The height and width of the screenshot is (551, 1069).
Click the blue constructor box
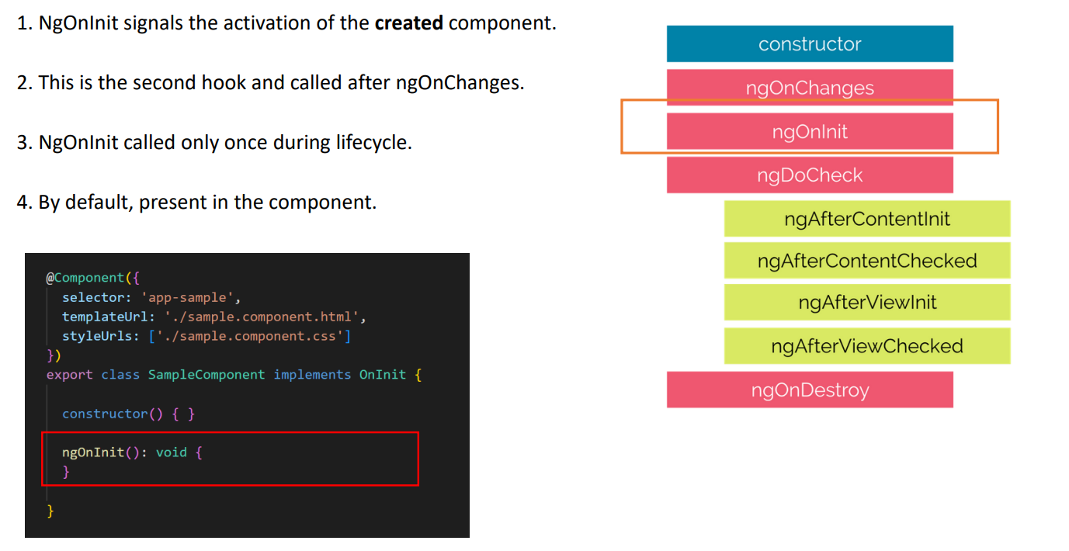point(810,44)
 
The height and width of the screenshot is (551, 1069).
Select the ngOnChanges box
point(810,87)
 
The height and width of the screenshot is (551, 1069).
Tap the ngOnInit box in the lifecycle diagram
point(810,131)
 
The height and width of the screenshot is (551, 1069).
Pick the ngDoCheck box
point(810,175)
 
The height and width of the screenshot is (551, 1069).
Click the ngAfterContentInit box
point(867,219)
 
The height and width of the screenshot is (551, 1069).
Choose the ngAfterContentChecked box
point(867,261)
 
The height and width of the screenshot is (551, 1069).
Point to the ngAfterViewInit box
point(867,303)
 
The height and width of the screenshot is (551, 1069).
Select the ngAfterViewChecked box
point(867,346)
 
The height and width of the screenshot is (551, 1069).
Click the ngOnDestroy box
point(810,390)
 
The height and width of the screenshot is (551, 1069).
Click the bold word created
point(408,23)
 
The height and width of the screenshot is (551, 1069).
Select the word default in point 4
point(99,203)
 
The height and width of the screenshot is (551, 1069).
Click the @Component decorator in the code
point(85,278)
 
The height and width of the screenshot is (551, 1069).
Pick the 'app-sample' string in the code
point(187,298)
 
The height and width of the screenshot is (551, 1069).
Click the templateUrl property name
point(105,317)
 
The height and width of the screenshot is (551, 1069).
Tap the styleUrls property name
point(97,336)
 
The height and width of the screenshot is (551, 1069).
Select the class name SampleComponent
point(207,375)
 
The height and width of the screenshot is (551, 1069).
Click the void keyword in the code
point(172,452)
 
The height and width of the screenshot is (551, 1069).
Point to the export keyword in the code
point(69,375)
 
